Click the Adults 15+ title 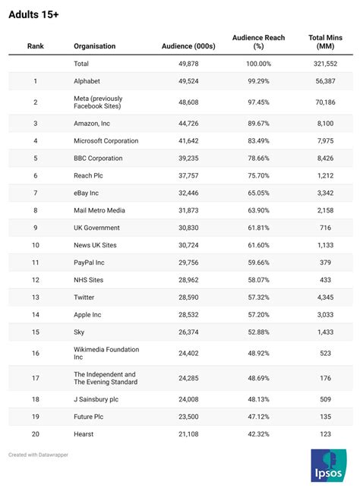(x=33, y=14)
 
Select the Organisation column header (x=95, y=46)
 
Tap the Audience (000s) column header (x=188, y=46)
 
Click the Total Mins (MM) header (x=324, y=42)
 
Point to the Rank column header (x=36, y=46)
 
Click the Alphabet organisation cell (x=87, y=81)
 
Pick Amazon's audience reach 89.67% (x=258, y=124)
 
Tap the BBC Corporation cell (x=98, y=159)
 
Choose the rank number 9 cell (x=36, y=228)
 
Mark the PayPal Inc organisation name (x=90, y=263)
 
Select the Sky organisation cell (x=79, y=332)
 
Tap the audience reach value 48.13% (x=258, y=400)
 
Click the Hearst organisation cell (x=84, y=434)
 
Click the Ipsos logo (x=329, y=466)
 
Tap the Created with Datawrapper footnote (x=36, y=455)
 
